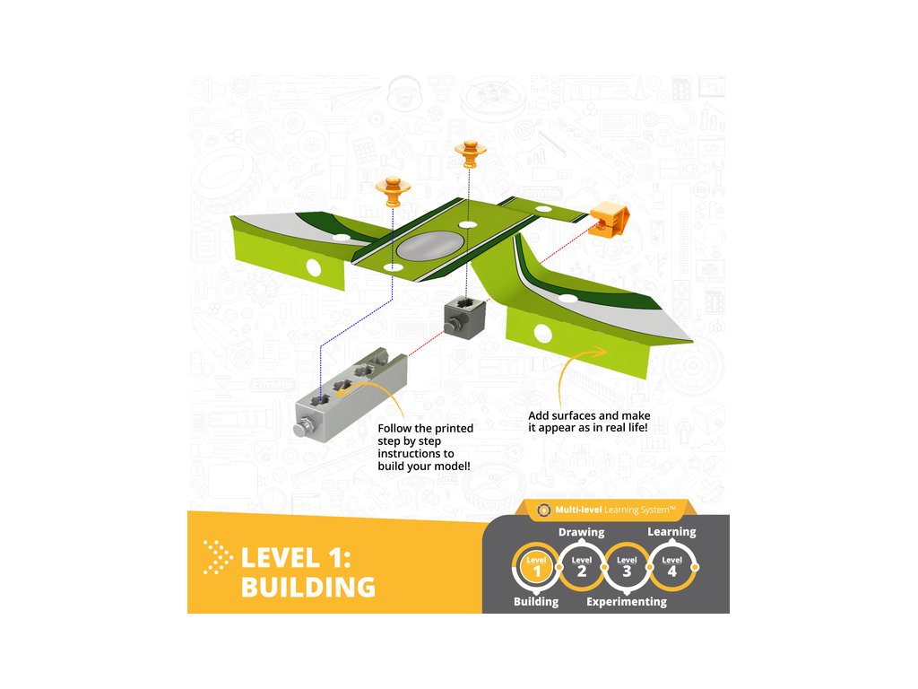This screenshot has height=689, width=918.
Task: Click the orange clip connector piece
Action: point(610,219)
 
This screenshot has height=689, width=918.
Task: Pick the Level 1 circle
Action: point(536,567)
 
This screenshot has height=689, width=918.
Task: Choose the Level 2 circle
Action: point(581,567)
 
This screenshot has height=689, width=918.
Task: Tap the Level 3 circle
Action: point(626,567)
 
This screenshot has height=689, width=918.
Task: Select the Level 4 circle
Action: point(671,567)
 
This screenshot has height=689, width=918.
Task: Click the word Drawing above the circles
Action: point(581,532)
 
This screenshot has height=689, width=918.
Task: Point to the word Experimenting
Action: point(626,602)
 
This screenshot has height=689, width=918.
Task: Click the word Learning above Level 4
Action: point(671,532)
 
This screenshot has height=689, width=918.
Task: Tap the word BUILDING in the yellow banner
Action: point(307,587)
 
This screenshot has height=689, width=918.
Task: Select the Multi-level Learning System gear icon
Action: point(542,510)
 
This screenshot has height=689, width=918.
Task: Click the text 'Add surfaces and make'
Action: point(588,416)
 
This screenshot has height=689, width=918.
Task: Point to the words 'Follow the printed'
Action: point(425,428)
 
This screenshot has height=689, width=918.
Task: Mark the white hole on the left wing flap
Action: point(314,266)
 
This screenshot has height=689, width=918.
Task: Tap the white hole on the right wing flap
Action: point(541,334)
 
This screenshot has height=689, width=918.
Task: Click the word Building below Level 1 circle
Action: point(536,602)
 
